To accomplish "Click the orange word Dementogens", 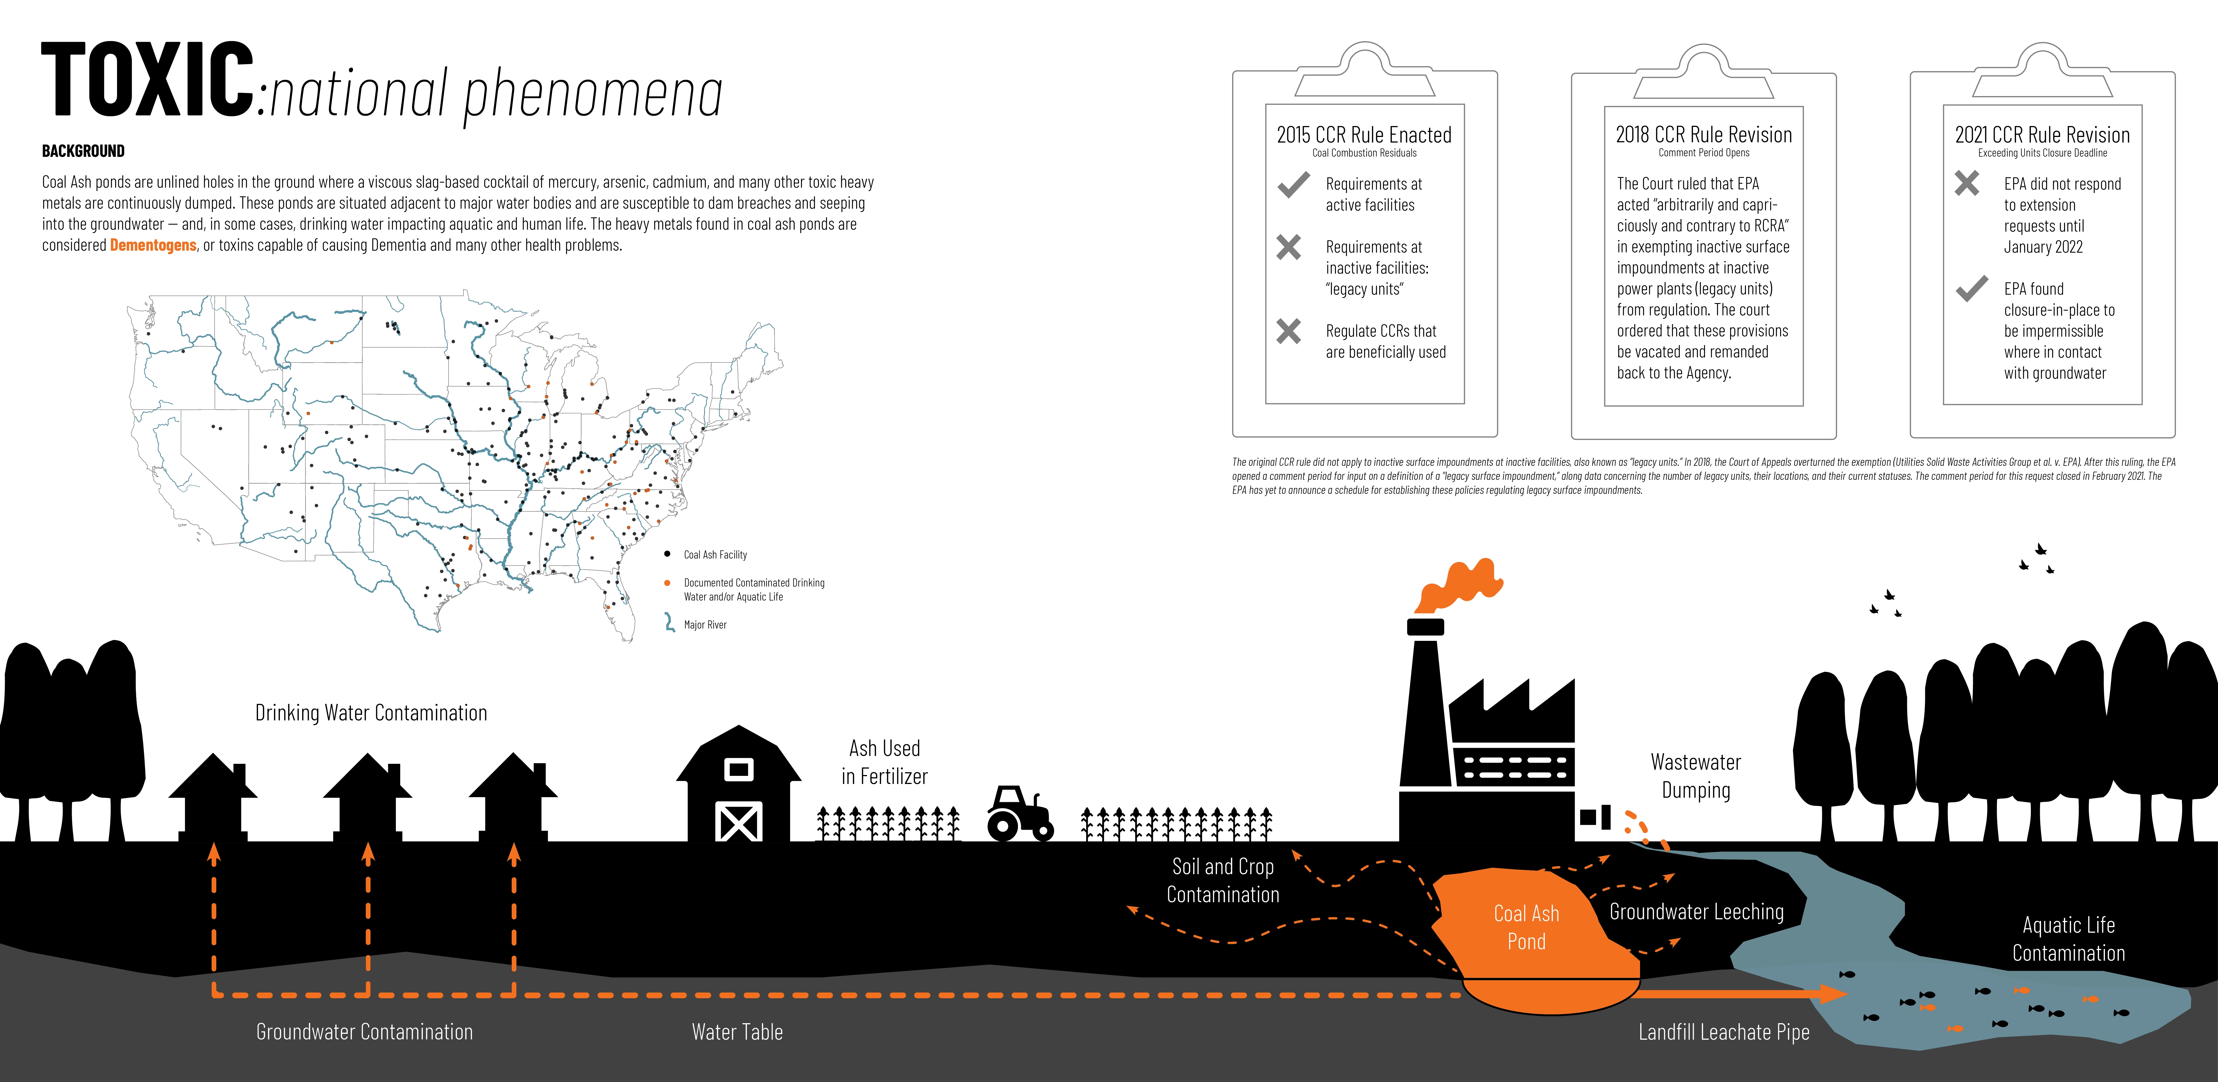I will click(x=153, y=245).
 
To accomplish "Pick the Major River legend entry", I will click(x=704, y=625).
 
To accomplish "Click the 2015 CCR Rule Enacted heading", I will click(x=1364, y=135).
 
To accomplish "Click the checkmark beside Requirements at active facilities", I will click(x=1293, y=185).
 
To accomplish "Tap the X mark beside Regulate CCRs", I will click(x=1289, y=331).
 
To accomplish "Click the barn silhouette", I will click(x=739, y=785).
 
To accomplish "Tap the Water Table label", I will click(x=737, y=1032).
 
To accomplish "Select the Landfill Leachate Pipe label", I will click(x=1724, y=1032).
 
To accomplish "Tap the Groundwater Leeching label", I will click(x=1696, y=912).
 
